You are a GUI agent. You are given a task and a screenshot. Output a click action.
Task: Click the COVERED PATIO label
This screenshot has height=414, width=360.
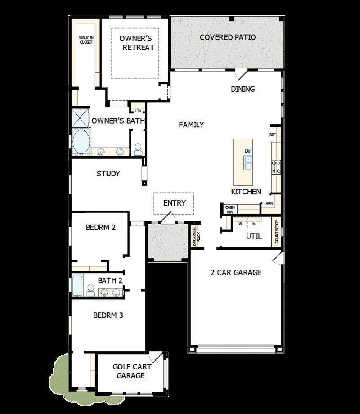pos(228,37)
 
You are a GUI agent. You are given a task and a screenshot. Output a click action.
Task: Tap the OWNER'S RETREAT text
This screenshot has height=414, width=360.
pos(137,43)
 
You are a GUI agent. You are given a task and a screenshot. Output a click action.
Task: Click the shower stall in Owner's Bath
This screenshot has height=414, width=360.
pos(80,118)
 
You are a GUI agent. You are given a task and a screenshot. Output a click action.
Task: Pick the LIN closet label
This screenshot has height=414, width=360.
pos(138,111)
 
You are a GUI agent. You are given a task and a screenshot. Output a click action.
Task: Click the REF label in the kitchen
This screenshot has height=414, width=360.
pos(272,135)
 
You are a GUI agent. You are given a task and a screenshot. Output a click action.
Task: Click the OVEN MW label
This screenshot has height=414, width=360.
pos(230,209)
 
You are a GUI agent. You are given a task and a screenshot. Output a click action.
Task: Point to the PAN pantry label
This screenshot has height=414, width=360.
pos(269,203)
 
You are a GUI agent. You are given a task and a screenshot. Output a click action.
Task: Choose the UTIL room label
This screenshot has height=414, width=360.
pos(254,236)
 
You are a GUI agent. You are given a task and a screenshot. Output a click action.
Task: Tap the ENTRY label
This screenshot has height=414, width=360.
pos(175,203)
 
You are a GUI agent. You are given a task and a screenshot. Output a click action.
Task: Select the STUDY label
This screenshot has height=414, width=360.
pos(108,174)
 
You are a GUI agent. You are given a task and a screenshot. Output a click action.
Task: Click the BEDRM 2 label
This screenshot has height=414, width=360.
pos(101,227)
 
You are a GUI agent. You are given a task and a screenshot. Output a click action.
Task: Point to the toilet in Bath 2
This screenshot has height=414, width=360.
pos(90,290)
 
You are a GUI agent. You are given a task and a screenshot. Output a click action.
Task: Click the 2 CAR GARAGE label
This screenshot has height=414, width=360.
pos(236,272)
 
